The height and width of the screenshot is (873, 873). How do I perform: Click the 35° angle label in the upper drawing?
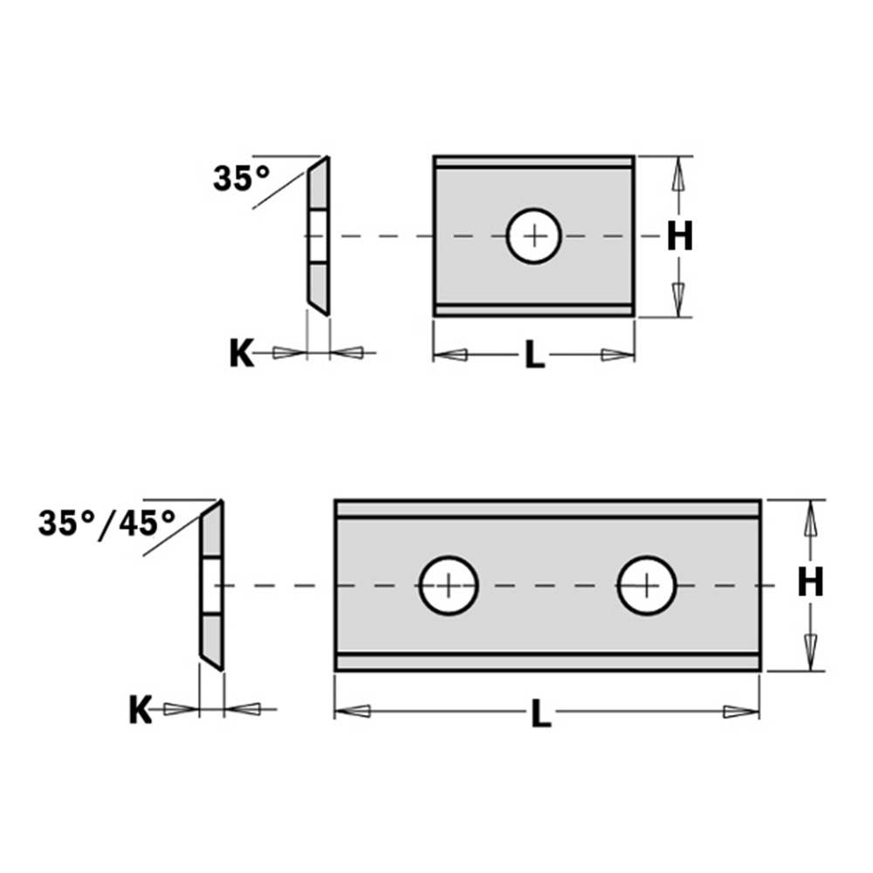tap(242, 179)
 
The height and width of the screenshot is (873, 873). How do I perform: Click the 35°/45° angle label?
tap(107, 524)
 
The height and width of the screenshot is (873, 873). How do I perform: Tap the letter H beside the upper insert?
tap(679, 236)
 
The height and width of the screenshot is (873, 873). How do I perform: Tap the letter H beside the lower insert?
tap(810, 582)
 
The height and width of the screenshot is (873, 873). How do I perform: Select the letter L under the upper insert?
tap(534, 356)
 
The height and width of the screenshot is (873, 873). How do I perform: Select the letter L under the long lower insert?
tap(542, 713)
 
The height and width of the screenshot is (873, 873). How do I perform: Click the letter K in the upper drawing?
tap(241, 354)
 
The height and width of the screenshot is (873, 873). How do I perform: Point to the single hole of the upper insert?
tap(534, 236)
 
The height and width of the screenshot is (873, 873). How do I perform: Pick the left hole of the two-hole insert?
tap(449, 585)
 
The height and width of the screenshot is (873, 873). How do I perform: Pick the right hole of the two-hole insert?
tap(647, 585)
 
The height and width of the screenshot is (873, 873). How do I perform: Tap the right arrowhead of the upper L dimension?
tap(617, 354)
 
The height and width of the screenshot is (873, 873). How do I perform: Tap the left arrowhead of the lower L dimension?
tap(353, 711)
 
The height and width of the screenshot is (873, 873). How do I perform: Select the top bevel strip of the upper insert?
tap(534, 162)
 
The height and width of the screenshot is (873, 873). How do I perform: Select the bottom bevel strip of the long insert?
tap(547, 663)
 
